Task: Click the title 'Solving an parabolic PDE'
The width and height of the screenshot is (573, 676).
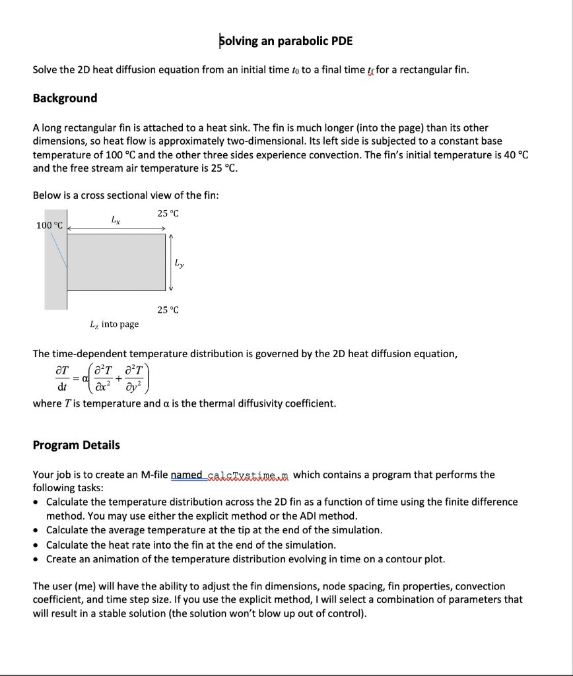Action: tap(286, 41)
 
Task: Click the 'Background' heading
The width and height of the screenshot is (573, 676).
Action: tap(65, 98)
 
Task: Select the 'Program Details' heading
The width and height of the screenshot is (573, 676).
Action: tap(76, 445)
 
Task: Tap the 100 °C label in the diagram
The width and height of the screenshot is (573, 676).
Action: tap(50, 226)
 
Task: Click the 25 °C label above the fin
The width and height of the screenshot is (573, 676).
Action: tap(168, 213)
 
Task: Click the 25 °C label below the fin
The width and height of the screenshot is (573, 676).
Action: tap(168, 310)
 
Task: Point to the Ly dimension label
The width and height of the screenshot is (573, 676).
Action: tap(179, 263)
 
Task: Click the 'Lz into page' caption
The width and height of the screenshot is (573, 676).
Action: tap(114, 324)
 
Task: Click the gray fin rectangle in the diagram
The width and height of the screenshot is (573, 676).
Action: tap(116, 262)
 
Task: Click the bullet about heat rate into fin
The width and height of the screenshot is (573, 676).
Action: tap(191, 545)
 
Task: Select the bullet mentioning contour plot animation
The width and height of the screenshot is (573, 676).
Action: tap(246, 559)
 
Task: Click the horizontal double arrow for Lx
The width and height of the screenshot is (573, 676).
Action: tap(116, 229)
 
